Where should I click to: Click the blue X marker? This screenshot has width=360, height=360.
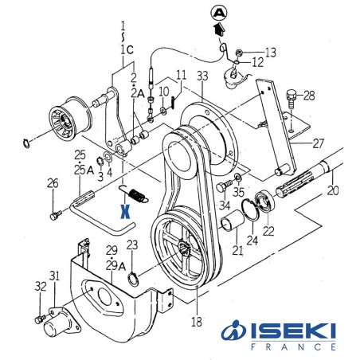coord(123,212)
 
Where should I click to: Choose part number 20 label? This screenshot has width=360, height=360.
coord(333,192)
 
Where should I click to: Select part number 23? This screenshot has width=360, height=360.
coord(132,245)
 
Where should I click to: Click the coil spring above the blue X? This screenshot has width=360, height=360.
coord(131,194)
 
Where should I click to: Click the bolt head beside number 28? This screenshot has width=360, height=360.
coord(292,96)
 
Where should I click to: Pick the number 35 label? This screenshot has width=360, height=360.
coord(238,192)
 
